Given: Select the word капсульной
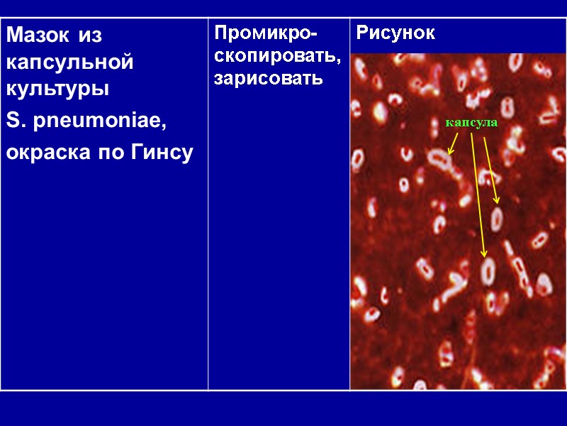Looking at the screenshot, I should [x=69, y=62].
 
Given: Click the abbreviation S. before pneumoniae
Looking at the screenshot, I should [x=16, y=123].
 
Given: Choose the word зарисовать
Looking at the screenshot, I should [x=269, y=77].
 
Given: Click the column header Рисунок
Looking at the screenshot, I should [x=395, y=33].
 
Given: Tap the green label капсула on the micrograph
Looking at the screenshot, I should [x=471, y=123].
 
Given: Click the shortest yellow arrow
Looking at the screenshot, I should [x=454, y=143].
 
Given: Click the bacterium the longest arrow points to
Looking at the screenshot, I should [x=488, y=271].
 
